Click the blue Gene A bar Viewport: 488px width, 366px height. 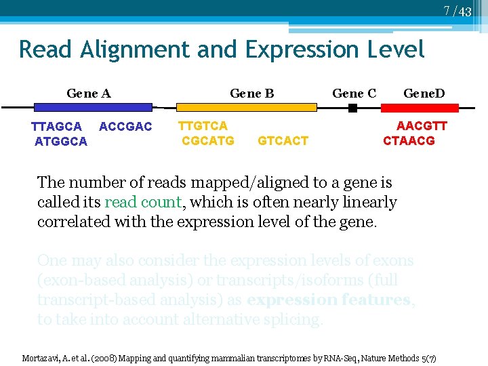93,107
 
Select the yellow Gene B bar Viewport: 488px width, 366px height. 246,107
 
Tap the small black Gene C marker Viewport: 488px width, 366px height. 352,108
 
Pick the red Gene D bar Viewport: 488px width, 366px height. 420,107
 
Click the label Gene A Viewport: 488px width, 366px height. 89,93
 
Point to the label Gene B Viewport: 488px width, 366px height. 252,93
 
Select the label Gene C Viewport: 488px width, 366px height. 354,93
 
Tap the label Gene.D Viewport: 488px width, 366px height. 424,93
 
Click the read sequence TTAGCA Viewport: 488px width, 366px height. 57,127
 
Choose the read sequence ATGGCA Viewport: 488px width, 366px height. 61,142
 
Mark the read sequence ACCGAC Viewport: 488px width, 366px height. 125,127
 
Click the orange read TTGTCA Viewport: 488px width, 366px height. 203,125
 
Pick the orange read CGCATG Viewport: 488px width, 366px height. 208,140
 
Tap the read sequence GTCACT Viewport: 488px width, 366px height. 283,140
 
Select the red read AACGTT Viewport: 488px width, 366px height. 422,125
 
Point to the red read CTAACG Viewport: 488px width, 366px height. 409,140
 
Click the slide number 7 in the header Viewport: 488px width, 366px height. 447,11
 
